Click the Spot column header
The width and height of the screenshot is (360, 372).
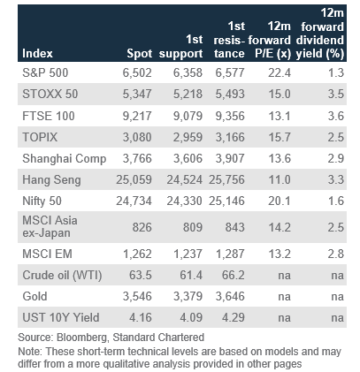coord(139,54)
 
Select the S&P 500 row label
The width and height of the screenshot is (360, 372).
coord(45,72)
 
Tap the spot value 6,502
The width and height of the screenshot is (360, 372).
coord(137,72)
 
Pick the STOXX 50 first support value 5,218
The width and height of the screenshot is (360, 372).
coord(188,94)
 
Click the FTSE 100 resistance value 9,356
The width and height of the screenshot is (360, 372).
coord(230,116)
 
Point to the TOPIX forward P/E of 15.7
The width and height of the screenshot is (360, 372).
coord(280,137)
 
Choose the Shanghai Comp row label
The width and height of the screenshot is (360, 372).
coord(65,159)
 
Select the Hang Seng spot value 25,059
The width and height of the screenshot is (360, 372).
coord(134,179)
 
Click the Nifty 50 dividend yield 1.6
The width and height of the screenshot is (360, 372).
coord(336,201)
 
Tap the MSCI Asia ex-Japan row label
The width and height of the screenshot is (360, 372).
coord(50,227)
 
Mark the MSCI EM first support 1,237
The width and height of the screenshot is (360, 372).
coord(188,254)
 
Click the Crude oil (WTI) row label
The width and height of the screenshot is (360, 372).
coord(62,276)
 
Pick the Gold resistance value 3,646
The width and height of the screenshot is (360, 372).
coord(230,296)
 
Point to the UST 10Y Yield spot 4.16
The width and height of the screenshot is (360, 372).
coord(141,317)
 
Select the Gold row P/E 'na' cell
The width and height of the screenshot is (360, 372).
coord(284,297)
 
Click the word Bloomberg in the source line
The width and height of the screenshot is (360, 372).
coord(81,338)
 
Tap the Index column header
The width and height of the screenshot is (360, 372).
coord(37,54)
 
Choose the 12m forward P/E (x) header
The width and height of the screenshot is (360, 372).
coord(270,40)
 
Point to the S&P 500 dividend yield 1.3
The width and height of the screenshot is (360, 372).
coord(336,72)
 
